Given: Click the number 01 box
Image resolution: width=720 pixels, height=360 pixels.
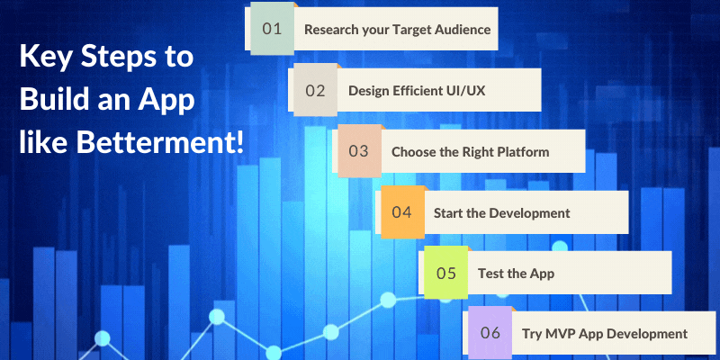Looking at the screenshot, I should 272,29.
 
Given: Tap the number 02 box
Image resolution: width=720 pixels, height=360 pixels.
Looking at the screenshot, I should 315,90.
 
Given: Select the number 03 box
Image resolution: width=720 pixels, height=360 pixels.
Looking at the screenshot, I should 358,151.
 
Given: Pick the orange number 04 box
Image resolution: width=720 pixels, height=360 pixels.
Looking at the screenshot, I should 401,212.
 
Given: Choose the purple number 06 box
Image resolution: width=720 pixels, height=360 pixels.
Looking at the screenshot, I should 490,333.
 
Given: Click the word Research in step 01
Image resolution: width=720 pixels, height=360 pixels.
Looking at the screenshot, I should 331,30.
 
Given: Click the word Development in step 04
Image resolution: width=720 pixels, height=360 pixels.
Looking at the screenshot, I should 529,213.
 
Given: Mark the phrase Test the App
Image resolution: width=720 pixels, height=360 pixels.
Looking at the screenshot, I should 515,274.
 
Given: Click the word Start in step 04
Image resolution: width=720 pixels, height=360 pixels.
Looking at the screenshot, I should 450,213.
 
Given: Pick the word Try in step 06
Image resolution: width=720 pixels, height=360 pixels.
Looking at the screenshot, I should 532,334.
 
